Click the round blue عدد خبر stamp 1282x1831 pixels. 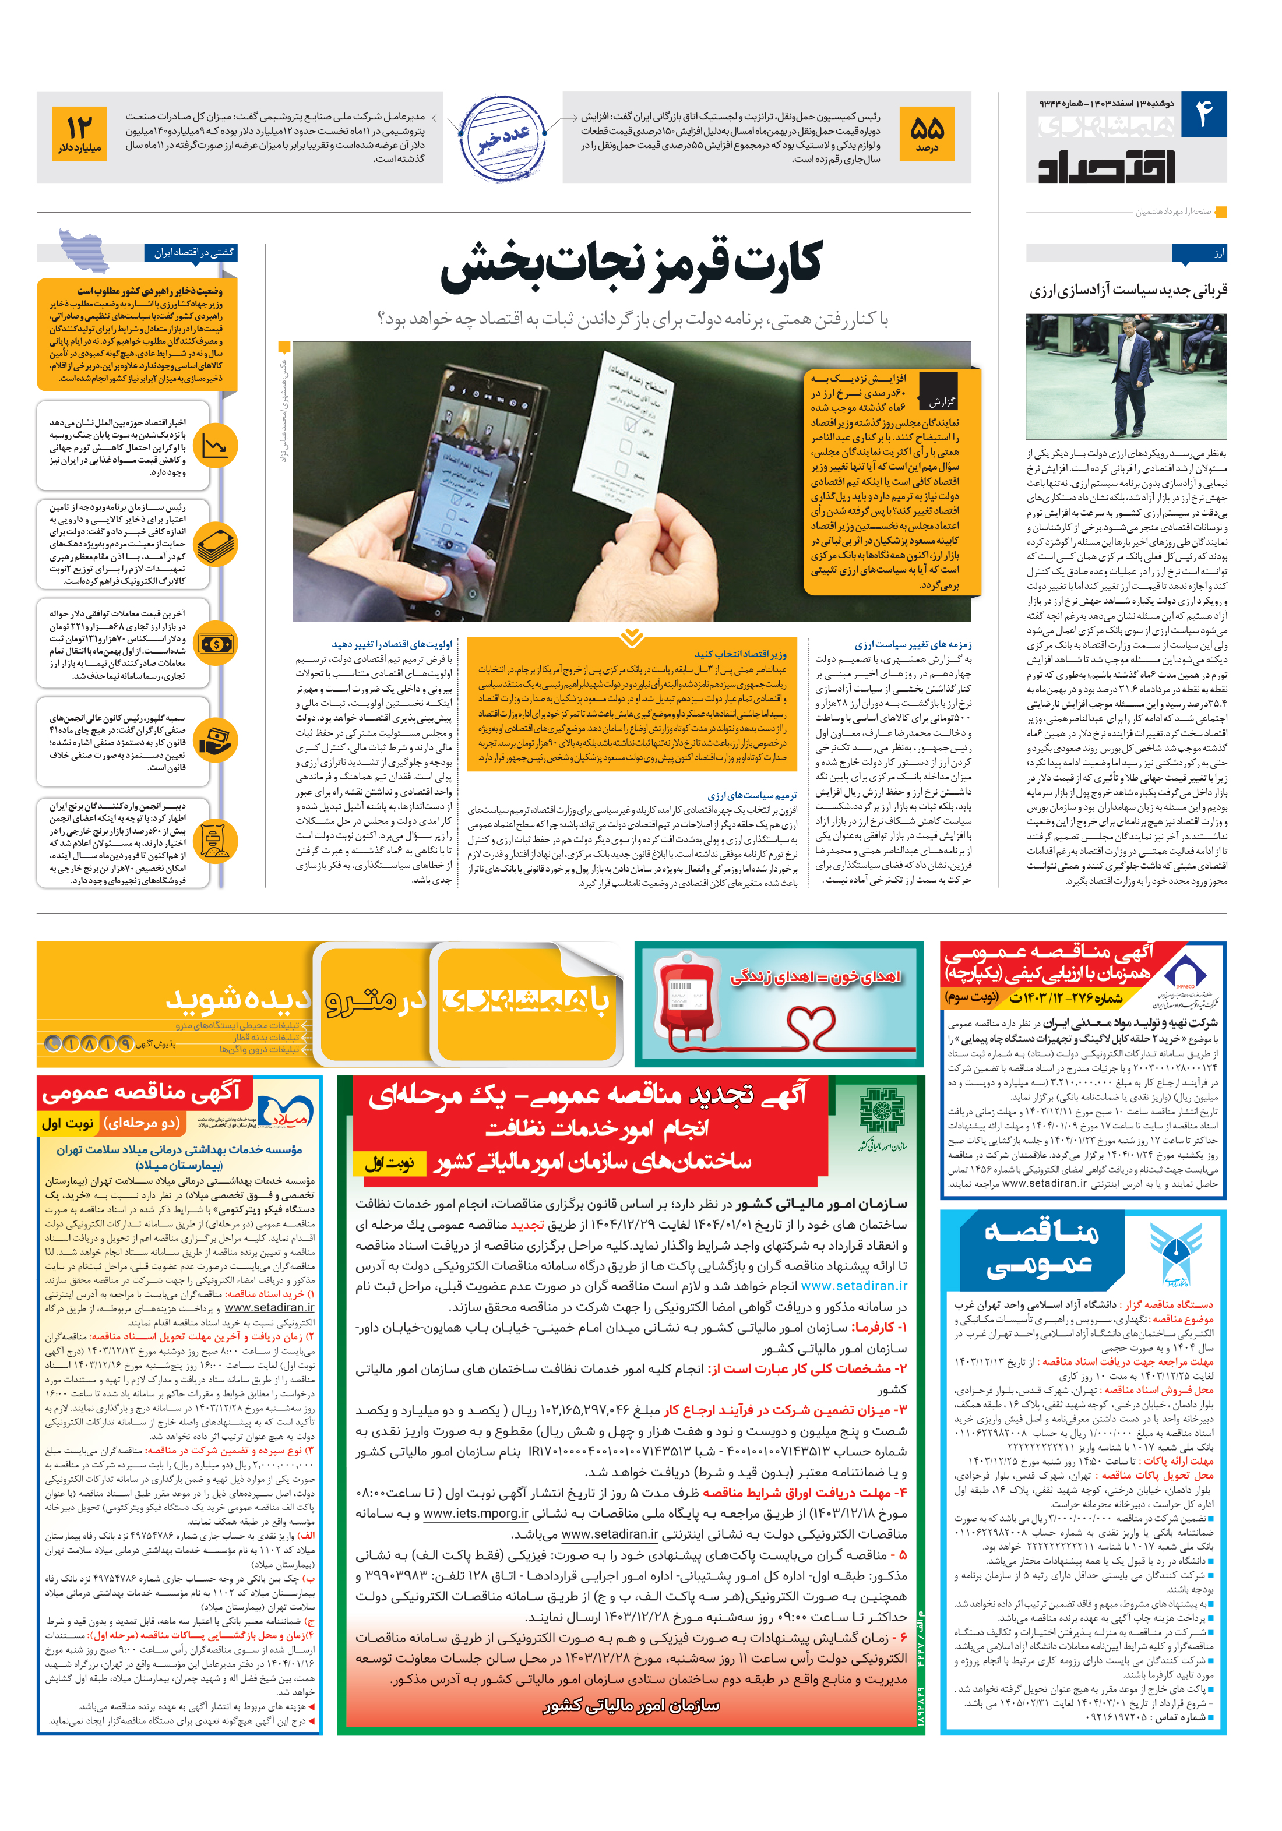[x=503, y=138]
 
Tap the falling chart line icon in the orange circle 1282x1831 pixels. [x=214, y=446]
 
